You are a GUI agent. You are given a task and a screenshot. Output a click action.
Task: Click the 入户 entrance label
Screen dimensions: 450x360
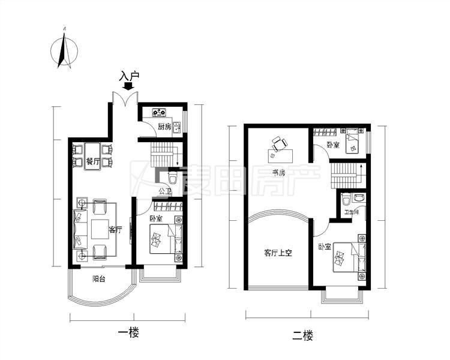coord(129,76)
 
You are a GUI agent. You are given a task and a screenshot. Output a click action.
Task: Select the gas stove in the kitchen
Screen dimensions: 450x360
coord(159,112)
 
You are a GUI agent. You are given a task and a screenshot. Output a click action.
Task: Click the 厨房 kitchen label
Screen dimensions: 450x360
coord(164,127)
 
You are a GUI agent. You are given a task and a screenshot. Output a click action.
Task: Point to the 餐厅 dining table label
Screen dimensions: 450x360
coord(92,161)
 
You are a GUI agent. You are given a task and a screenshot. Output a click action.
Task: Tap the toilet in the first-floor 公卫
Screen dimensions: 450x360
coord(173,178)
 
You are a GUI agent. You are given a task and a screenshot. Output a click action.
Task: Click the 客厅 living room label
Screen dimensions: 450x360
coord(115,230)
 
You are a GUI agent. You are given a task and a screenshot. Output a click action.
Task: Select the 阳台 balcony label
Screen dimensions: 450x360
coord(98,278)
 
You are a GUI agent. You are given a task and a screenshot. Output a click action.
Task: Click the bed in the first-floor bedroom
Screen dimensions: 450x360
coord(166,239)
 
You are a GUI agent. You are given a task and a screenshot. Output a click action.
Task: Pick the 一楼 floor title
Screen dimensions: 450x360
coord(128,333)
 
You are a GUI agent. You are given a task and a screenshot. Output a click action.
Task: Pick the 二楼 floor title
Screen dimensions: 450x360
coord(302,335)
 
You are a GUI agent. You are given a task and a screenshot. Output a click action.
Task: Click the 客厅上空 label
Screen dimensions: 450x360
coord(278,253)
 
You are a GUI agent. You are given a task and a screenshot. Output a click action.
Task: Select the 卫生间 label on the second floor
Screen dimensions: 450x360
coord(351,212)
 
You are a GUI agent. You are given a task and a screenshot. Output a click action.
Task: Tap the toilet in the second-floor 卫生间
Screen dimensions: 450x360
coord(346,199)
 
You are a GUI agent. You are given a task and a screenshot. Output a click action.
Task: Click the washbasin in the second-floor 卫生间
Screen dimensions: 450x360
coord(359,198)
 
